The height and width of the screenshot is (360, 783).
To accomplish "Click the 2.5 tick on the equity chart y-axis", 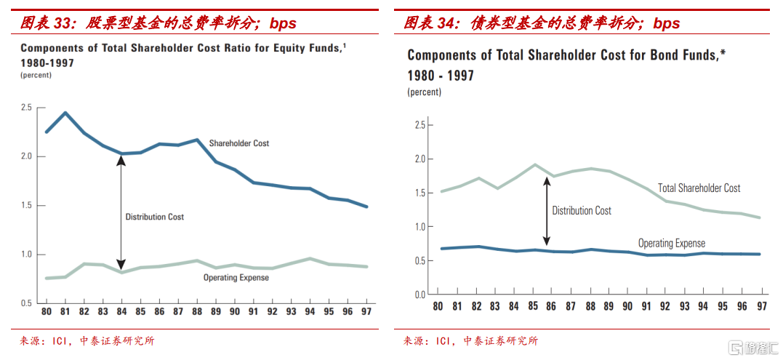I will (26, 108).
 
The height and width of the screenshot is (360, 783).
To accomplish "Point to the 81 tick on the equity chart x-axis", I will (65, 311).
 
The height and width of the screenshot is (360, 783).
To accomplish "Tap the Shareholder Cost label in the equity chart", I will (239, 143).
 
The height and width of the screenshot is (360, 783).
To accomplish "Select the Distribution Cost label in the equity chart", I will (155, 217).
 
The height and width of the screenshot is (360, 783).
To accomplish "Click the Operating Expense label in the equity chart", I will (236, 277).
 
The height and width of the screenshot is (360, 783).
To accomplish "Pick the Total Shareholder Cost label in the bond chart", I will (699, 188).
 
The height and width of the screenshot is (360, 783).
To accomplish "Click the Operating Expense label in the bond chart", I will (672, 244).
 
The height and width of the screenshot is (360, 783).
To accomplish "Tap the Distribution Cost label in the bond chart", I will (582, 211).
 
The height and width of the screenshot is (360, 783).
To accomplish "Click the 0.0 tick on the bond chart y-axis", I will (419, 295).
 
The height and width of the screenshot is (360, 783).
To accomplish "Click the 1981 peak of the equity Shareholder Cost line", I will (65, 113).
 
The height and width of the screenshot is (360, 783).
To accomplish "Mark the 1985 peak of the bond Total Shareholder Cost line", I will (534, 164).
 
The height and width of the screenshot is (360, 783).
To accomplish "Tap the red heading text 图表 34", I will (430, 23).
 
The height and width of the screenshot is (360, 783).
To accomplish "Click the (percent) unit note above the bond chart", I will (425, 92).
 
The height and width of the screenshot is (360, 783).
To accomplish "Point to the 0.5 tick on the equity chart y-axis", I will (26, 303).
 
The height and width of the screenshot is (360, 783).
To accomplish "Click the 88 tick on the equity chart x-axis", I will (197, 311).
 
